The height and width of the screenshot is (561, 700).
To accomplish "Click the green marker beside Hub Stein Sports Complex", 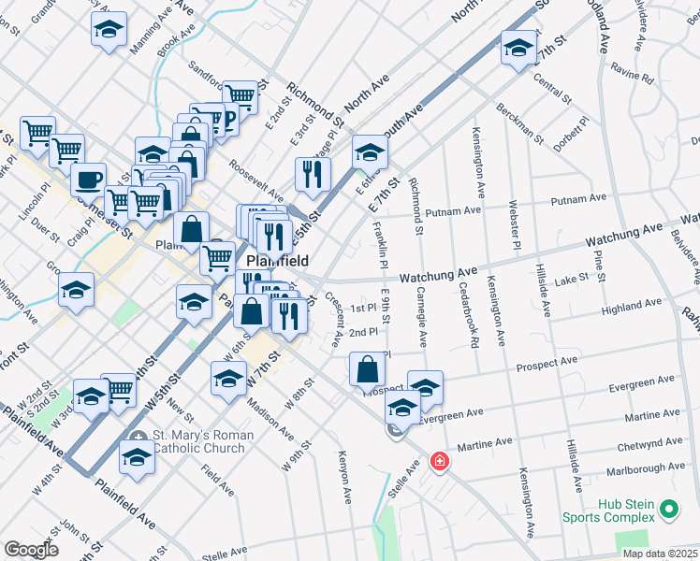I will [668, 510].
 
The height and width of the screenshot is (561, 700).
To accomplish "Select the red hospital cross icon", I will [438, 461].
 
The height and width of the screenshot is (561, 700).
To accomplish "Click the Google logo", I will [31, 550].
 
